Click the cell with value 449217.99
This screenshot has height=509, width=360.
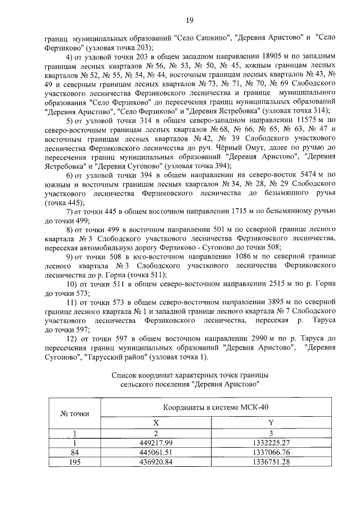(x=157, y=442)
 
